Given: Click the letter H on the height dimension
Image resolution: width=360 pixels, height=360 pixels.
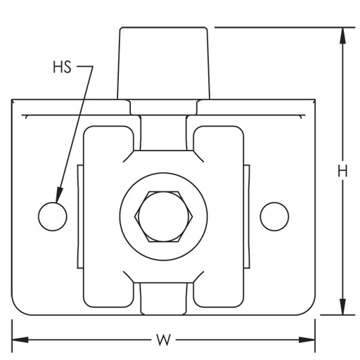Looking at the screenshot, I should [x=342, y=171].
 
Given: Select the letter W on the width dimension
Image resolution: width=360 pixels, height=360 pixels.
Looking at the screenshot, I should [x=164, y=340].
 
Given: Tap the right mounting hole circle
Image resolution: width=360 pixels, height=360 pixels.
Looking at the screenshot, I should [x=274, y=216].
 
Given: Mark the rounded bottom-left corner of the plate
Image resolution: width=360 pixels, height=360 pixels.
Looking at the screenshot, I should [x=17, y=309].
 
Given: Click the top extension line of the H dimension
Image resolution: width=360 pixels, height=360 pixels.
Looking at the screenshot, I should [x=281, y=27].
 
